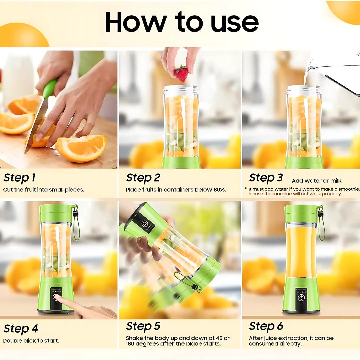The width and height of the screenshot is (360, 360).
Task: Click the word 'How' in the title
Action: [x=136, y=22]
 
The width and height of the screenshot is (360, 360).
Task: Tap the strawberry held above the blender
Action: [x=181, y=74]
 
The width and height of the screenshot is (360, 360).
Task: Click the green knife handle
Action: [x=50, y=88]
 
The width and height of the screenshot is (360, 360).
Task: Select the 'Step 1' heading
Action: [x=19, y=178]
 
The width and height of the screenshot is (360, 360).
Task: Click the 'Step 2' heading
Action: [x=143, y=178]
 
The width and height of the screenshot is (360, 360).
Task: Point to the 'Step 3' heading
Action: [x=266, y=178]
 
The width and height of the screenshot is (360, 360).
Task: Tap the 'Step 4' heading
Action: [x=21, y=329]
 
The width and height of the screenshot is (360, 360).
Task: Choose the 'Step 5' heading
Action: [x=143, y=326]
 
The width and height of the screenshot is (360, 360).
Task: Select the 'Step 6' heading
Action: [x=266, y=326]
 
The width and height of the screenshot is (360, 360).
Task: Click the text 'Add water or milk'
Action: [x=317, y=181]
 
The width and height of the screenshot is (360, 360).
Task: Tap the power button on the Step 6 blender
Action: [x=301, y=297]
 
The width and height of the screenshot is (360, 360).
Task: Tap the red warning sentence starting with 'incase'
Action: [x=295, y=194]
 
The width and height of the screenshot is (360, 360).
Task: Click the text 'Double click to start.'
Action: [x=31, y=341]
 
